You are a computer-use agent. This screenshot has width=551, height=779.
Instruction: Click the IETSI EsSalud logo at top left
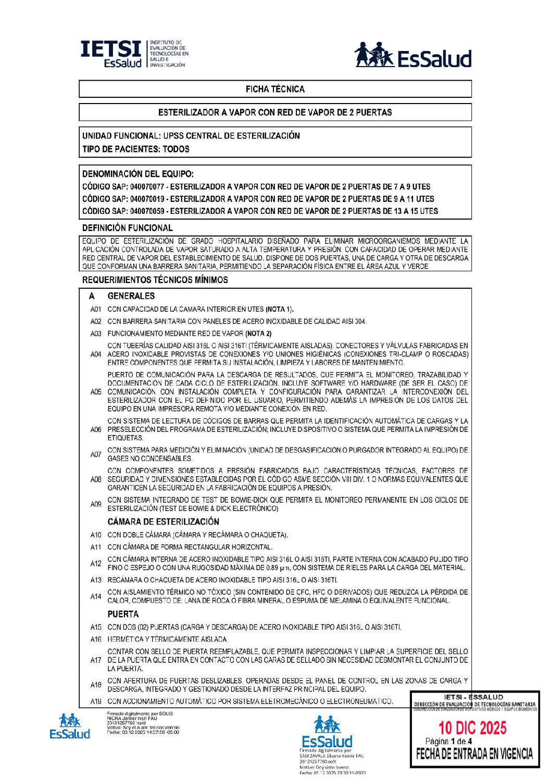point(134,54)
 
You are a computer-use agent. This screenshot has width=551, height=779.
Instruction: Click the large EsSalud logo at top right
point(413,55)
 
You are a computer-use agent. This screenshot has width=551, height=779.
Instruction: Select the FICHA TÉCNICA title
point(275,89)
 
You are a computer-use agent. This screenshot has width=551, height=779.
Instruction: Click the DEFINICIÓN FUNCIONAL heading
point(128,228)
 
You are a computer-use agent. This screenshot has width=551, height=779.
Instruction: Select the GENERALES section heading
point(131,296)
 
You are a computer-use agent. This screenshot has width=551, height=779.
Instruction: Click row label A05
point(96,392)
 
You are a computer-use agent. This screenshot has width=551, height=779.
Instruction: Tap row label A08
point(96,479)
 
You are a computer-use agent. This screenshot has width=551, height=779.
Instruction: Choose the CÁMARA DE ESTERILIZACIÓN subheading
point(164,522)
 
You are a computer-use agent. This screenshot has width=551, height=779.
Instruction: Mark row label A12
point(96,564)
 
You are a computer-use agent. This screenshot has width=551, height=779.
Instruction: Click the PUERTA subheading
point(123,614)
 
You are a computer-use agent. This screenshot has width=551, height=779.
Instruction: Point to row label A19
point(96,701)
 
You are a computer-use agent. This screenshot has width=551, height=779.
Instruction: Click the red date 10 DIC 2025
point(472,727)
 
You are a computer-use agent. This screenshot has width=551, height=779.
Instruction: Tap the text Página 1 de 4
point(448,741)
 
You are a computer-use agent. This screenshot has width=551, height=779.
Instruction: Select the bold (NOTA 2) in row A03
point(258,334)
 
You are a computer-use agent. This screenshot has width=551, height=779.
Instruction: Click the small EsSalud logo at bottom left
point(70,726)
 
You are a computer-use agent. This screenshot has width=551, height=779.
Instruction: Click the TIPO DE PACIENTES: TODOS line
point(136,149)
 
